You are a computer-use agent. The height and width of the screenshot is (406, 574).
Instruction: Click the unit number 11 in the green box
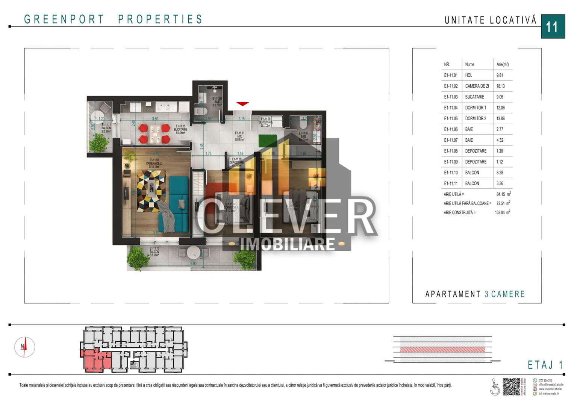point(552,27)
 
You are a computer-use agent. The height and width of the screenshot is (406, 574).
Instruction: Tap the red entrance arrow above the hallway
point(242,104)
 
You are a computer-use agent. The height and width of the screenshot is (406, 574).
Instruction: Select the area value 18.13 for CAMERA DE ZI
point(500,86)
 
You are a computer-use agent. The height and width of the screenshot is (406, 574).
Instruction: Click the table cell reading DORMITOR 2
point(476,118)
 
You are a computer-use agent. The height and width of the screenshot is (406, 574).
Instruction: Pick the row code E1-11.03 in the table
point(451,97)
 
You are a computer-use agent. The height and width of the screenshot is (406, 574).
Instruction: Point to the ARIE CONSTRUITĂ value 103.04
point(500,212)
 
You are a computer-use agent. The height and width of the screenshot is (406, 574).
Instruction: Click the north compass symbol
point(24,347)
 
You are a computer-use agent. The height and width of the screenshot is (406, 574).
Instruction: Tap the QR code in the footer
point(511,386)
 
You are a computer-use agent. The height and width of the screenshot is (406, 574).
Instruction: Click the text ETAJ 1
point(545,365)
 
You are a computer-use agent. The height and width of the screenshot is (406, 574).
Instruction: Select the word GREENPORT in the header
point(64,19)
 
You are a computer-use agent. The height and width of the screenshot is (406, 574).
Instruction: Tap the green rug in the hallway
point(267,140)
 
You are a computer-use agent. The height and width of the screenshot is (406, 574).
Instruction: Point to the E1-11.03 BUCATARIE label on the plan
point(180,129)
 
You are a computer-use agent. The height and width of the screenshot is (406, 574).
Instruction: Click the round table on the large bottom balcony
point(193,251)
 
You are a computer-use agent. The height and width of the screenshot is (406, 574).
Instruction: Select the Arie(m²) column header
point(502,65)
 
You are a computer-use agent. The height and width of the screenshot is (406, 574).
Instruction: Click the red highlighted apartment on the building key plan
point(94,360)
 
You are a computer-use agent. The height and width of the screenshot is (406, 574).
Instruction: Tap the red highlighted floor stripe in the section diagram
point(442,350)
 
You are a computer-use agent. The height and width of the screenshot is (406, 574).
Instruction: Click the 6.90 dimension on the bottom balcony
point(193,264)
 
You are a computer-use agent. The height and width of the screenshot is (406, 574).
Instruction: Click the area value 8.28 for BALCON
point(500,173)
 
